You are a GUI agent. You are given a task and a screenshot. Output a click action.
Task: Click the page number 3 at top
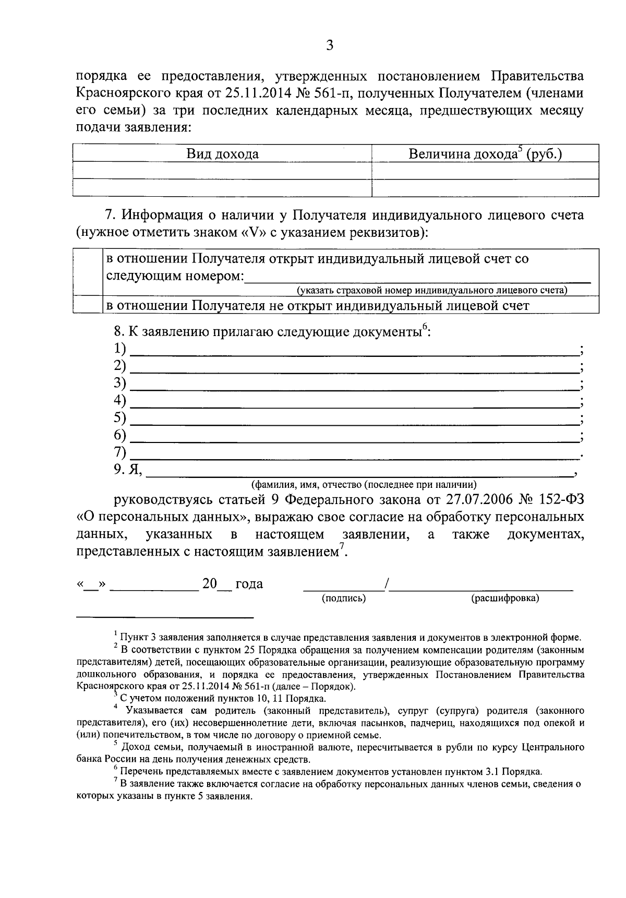329,45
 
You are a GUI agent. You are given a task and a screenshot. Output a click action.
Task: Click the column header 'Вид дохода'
223,154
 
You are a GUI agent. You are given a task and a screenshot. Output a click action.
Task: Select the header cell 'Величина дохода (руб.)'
485,154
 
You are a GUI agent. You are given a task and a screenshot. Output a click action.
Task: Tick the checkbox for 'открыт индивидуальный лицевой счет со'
87,272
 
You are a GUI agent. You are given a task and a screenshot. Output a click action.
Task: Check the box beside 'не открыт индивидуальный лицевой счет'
87,305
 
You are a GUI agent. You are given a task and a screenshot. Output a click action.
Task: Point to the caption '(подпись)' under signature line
344,598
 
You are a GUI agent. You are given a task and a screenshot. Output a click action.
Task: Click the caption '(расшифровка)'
505,598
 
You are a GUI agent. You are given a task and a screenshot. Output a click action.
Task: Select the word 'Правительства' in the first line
537,76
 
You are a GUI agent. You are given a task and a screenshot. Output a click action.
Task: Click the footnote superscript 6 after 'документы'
425,327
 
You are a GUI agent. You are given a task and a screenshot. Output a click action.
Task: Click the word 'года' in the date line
249,584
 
